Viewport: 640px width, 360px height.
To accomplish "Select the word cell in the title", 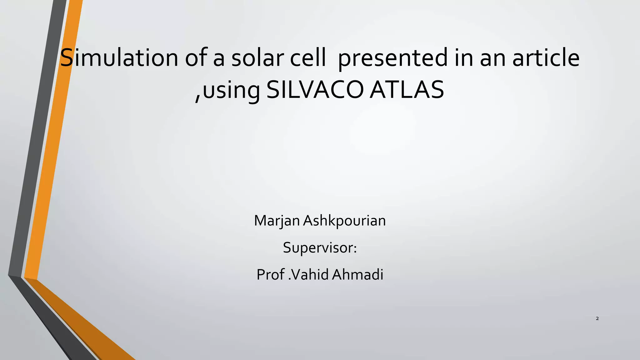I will pos(308,58).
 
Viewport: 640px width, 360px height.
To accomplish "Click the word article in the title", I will pos(546,58).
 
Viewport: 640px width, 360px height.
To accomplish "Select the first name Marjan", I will pos(277,221).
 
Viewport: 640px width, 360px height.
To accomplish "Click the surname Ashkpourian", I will pos(344,221).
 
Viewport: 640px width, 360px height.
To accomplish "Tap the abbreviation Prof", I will pos(271,275).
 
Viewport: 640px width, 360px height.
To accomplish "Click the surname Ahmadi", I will pos(357,275).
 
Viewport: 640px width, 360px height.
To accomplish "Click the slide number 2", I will pos(597,319).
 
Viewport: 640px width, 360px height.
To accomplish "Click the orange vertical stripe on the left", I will pos(53,156).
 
